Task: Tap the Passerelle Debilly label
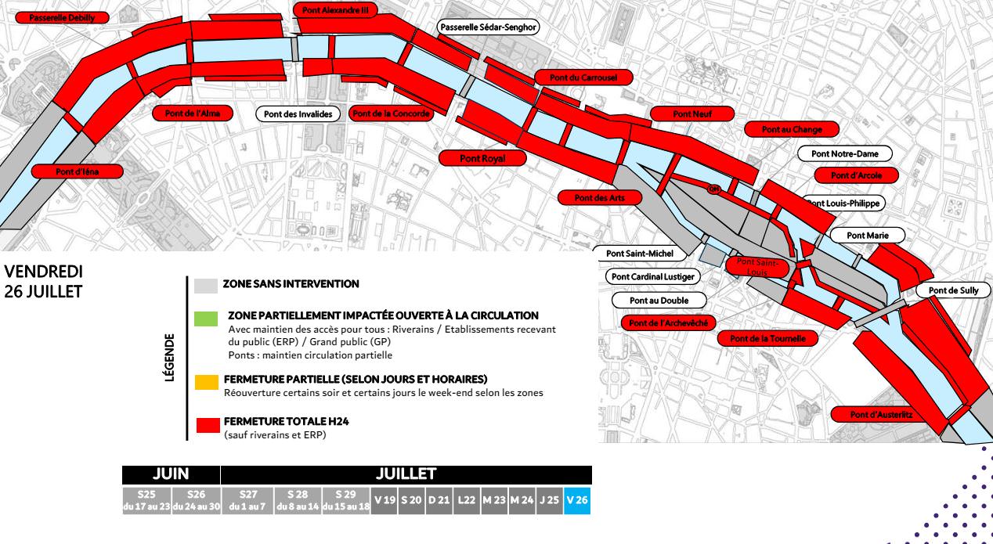click(x=62, y=18)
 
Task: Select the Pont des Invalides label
click(x=298, y=114)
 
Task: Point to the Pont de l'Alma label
click(x=193, y=113)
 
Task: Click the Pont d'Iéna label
click(x=78, y=171)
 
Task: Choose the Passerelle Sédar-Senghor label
click(x=488, y=27)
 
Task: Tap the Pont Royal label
click(x=482, y=158)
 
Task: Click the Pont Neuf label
click(x=692, y=114)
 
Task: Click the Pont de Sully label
click(x=953, y=290)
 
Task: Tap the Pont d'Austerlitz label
click(x=881, y=414)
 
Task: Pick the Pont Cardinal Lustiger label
click(x=652, y=276)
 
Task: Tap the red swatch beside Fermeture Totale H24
click(x=208, y=426)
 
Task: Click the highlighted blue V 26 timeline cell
click(x=576, y=500)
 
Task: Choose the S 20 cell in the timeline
click(x=412, y=500)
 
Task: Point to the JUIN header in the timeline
click(x=170, y=474)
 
